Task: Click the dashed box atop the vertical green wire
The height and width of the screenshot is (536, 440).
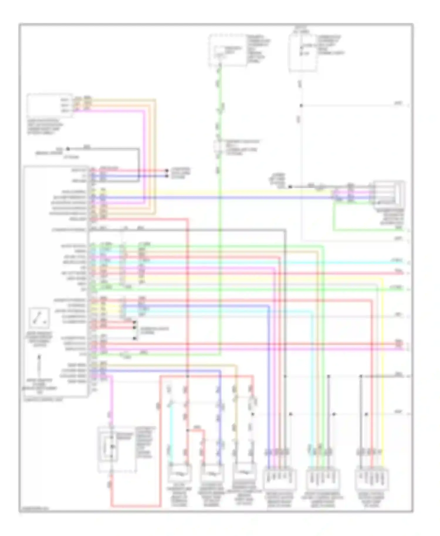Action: click(227, 50)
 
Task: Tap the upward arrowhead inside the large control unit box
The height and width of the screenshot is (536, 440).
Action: click(39, 357)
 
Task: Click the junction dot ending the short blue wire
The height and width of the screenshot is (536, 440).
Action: click(167, 176)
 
